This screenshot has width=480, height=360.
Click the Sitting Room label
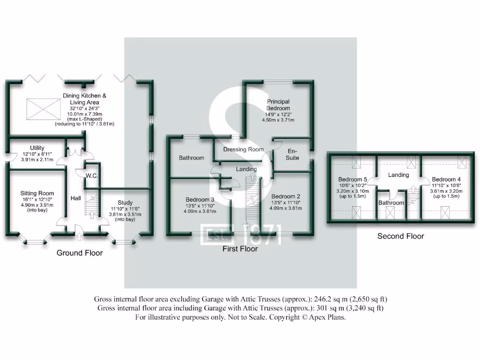[37, 193]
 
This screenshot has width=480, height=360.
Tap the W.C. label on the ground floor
[91, 176]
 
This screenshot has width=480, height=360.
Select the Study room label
[125, 202]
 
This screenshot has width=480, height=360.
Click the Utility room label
[37, 147]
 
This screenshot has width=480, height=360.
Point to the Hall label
[75, 199]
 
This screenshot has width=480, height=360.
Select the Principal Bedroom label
[278, 105]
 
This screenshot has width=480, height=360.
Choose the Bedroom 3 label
[200, 199]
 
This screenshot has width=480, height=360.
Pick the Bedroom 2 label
[285, 196]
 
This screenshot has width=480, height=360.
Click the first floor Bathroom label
[191, 158]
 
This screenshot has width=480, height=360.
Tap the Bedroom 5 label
[352, 179]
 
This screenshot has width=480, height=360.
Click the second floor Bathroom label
[391, 202]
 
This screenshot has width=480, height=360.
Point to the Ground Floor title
[80, 253]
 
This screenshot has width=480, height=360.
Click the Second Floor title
[401, 236]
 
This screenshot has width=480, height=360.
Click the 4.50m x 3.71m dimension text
[278, 120]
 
